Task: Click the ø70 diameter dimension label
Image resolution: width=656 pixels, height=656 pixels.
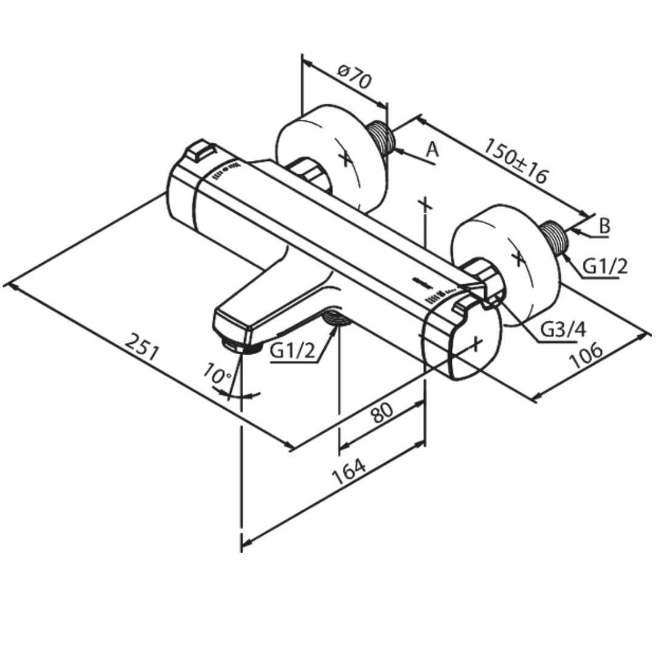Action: [x=354, y=77]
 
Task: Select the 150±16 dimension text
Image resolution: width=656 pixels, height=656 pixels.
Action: [x=516, y=161]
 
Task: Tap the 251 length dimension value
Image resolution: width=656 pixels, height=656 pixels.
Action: [x=142, y=347]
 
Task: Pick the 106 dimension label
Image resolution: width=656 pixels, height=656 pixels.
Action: [x=587, y=356]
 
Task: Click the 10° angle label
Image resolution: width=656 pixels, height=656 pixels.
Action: [x=217, y=373]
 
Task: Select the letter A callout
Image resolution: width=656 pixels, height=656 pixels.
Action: [x=432, y=149]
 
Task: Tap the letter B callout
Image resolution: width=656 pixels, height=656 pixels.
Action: [x=604, y=226]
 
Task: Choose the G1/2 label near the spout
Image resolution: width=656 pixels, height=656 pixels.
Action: [x=292, y=350]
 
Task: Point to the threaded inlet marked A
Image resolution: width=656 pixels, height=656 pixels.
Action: [x=381, y=138]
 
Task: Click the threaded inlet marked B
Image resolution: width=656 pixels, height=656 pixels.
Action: [x=553, y=236]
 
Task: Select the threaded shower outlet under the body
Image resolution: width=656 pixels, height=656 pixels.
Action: [x=337, y=319]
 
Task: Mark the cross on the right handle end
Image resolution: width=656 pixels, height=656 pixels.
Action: [x=476, y=344]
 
